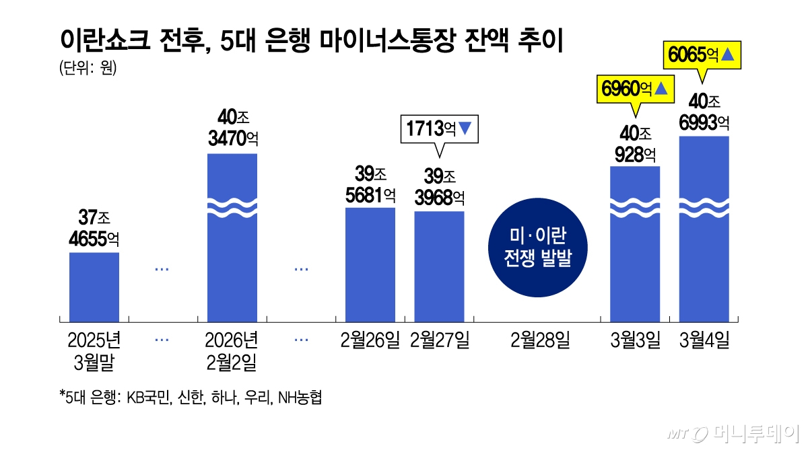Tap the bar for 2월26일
tap(370, 264)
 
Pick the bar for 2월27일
tap(439, 266)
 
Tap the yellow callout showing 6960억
tap(636, 88)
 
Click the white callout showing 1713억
tap(439, 128)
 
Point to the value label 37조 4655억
tap(94, 229)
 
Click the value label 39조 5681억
tap(370, 185)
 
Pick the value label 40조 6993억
tap(704, 112)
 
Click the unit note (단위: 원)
tap(88, 69)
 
